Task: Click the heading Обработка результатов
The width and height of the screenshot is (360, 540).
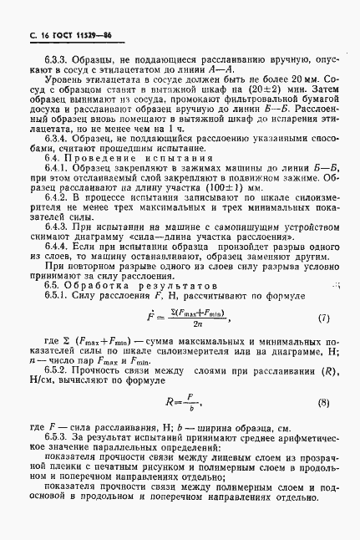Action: coord(134,285)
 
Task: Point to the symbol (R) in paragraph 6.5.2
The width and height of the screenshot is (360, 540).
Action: coord(329,368)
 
